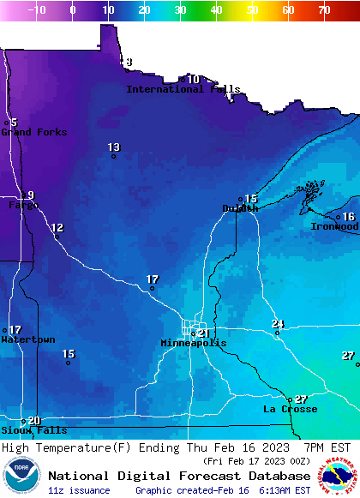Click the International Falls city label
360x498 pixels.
coord(183,89)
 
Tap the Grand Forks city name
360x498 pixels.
coord(28,132)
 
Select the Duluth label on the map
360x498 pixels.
coord(240,208)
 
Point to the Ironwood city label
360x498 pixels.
coord(334,226)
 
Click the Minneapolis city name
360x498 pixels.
coord(194,343)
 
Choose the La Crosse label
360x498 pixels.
coord(290,409)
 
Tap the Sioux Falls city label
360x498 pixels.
coord(33,430)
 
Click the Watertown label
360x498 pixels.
coord(28,339)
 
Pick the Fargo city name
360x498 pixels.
coord(21,206)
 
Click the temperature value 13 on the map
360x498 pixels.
coord(114,147)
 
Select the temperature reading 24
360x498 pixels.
coord(278,323)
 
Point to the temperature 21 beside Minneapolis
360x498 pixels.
coord(203,333)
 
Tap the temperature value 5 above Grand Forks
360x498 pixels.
coord(14,123)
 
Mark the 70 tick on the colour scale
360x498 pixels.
coord(323,10)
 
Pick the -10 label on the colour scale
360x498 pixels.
coord(37,10)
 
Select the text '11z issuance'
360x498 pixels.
coord(79,490)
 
